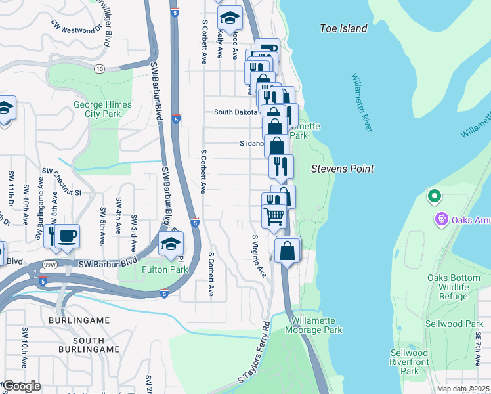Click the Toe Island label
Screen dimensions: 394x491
[343, 28]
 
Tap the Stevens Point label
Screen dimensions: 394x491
[342, 169]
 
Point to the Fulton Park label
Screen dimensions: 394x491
[165, 269]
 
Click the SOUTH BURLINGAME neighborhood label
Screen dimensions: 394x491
[79, 345]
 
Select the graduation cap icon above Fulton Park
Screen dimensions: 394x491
[171, 244]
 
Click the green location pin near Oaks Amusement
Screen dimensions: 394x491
[433, 195]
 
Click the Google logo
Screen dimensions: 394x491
[22, 386]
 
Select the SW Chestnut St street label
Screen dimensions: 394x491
[58, 193]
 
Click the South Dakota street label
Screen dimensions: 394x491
[236, 112]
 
